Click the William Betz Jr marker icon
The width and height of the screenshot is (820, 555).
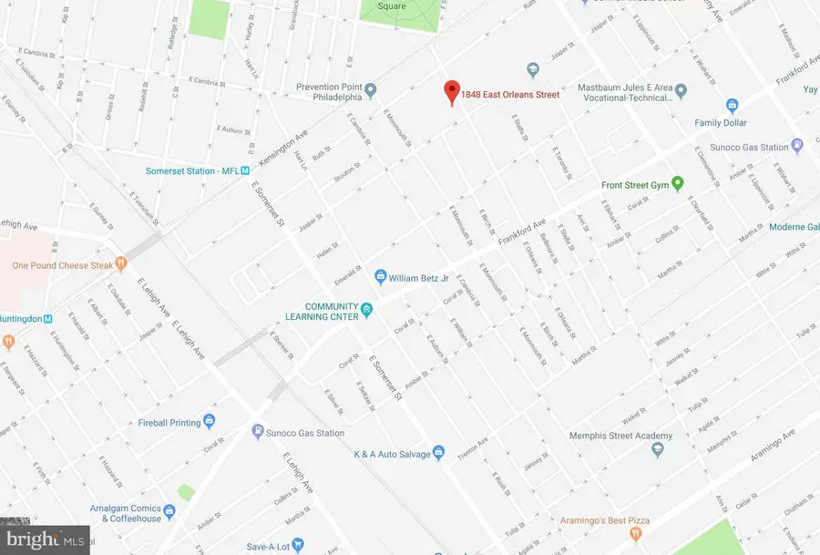click(381, 275)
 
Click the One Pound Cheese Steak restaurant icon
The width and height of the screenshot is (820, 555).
click(120, 264)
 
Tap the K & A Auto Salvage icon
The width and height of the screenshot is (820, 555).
click(437, 453)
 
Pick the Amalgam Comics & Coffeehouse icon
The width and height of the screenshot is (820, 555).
click(169, 509)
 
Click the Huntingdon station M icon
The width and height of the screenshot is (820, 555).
click(49, 318)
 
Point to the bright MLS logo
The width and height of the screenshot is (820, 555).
click(45, 540)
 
